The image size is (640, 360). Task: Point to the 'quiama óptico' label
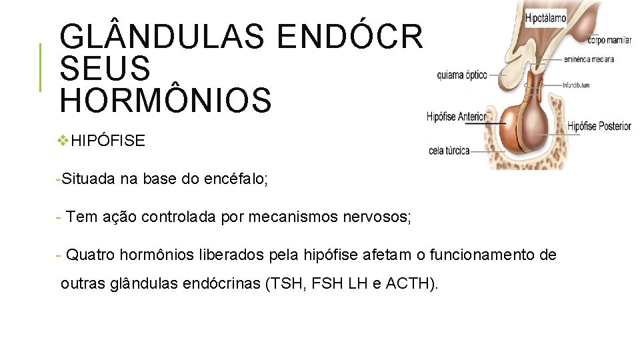point(462,75)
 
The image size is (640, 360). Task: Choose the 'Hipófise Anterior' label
point(457,117)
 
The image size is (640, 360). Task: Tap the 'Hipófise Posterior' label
point(599,126)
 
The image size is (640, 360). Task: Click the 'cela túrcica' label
point(450,151)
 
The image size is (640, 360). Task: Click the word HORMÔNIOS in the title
point(165,99)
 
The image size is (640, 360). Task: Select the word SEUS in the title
point(105,69)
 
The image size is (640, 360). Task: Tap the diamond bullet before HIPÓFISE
point(63,141)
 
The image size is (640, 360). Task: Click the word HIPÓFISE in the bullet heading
point(107,141)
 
